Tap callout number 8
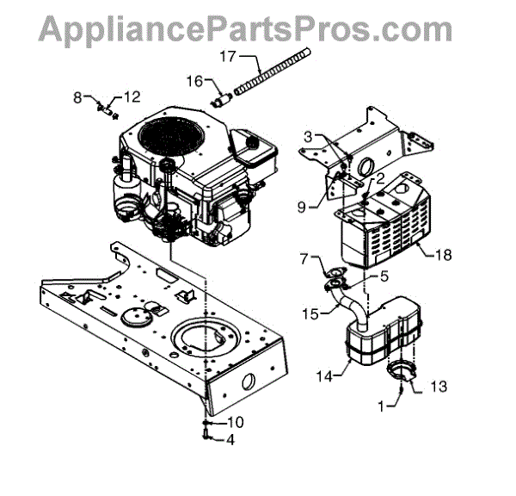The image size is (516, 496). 78,98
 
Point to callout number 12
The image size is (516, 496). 132,96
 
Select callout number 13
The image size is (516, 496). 438,388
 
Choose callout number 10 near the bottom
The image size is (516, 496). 236,422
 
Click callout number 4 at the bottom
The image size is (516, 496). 230,438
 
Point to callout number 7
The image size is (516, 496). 304,258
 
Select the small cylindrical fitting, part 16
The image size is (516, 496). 222,100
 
